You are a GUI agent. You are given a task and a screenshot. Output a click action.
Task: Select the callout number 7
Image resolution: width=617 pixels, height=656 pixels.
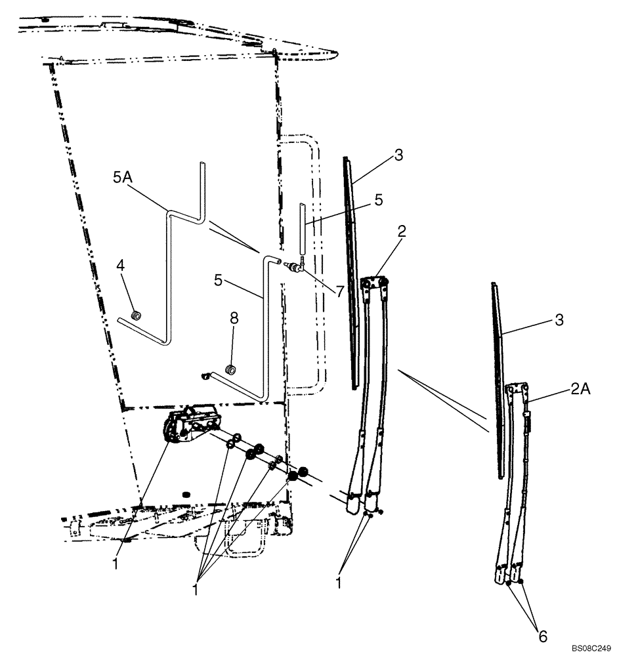click(340, 291)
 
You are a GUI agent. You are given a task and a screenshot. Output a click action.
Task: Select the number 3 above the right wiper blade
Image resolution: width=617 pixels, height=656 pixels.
click(558, 320)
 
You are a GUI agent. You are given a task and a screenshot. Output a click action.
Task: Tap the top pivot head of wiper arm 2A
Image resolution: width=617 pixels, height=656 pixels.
click(518, 392)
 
